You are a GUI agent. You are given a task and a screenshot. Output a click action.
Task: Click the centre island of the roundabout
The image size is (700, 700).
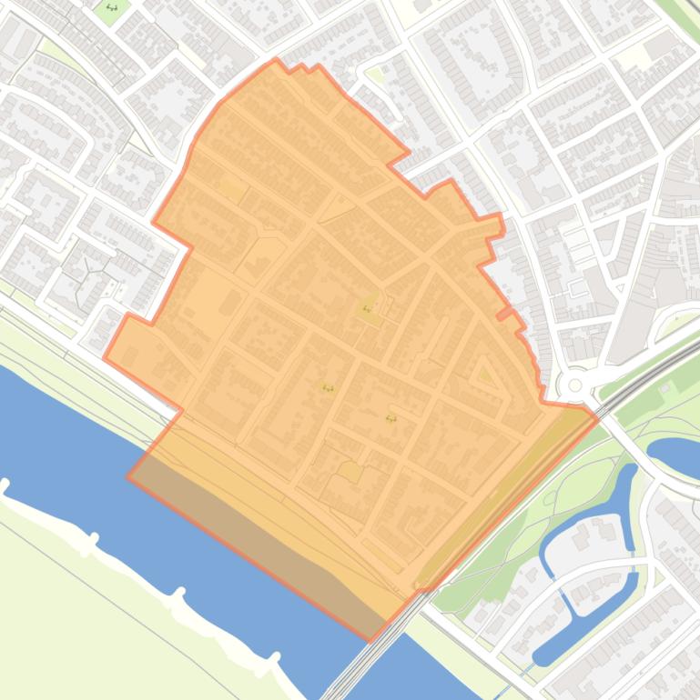point(574,385)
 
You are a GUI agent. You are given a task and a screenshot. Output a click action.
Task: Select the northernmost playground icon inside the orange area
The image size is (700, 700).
point(368,309)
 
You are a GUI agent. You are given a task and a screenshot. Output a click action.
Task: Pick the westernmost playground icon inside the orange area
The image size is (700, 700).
point(327,388)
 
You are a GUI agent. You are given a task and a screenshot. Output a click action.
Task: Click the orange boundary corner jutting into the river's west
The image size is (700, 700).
point(128,475)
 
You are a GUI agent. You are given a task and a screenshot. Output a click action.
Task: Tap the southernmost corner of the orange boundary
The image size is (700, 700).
point(371,639)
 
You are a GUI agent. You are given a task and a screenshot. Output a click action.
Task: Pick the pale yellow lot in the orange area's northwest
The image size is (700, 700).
point(233,190)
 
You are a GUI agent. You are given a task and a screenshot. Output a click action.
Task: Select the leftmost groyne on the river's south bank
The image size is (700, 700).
point(5,486)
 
